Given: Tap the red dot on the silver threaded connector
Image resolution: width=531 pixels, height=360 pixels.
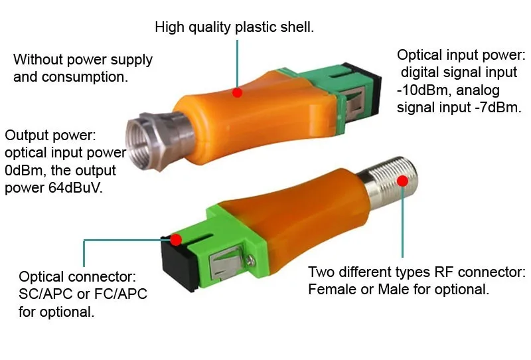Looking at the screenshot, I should click(x=402, y=181).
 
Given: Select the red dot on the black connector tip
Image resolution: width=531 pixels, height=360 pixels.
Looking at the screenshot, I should click(x=176, y=239).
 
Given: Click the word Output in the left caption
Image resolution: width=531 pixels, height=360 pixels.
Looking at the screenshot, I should click(x=27, y=135).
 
